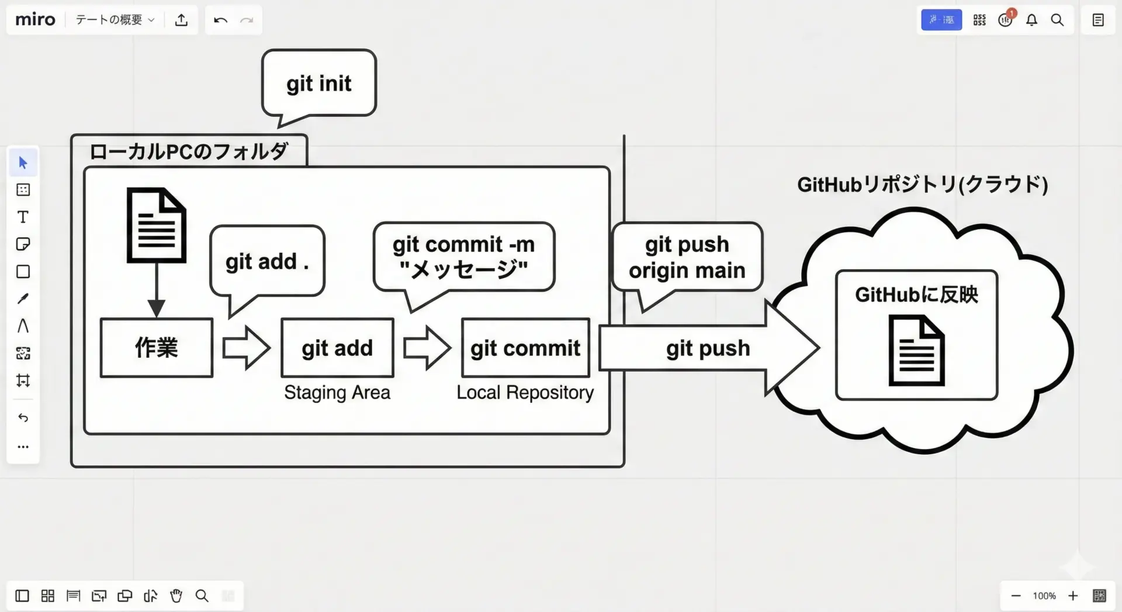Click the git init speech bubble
[x=318, y=84]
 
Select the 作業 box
[x=156, y=348]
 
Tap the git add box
[x=337, y=348]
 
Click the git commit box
[x=525, y=348]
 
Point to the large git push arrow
[x=708, y=348]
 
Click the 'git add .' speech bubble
[x=267, y=261]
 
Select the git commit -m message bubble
[x=463, y=257]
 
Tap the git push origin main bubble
[x=687, y=257]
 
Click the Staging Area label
[x=337, y=392]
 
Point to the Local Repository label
[x=525, y=392]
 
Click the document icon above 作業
[x=156, y=226]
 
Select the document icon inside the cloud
[x=916, y=351]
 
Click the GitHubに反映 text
[x=916, y=295]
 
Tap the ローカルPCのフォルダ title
[x=188, y=152]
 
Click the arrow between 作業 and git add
[x=246, y=348]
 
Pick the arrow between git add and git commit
[x=427, y=348]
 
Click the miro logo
[x=35, y=20]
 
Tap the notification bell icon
[x=1031, y=20]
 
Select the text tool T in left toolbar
[x=23, y=217]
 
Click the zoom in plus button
[x=1073, y=596]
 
